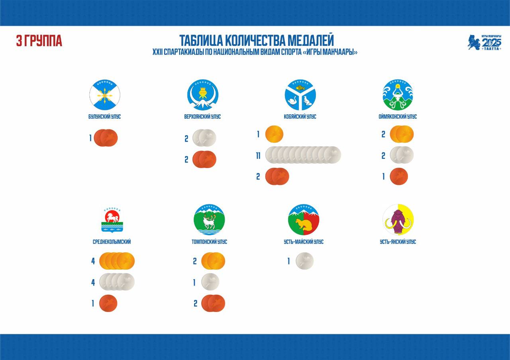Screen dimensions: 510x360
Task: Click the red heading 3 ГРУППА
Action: click(x=39, y=41)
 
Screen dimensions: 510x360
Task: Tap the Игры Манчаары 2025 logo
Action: click(x=484, y=42)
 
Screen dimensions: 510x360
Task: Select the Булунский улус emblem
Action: click(x=105, y=95)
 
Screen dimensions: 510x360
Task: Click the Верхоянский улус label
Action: click(x=202, y=117)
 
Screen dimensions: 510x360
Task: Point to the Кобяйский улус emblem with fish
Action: click(x=300, y=95)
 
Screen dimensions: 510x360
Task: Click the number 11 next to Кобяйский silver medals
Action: click(x=258, y=156)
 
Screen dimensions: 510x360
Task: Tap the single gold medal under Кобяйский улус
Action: click(x=275, y=134)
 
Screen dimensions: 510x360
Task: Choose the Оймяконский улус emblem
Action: click(x=398, y=95)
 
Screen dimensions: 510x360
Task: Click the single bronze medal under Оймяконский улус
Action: click(x=399, y=176)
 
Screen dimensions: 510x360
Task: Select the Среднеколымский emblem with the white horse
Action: click(x=112, y=220)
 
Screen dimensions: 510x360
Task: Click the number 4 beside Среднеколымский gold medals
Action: click(x=93, y=261)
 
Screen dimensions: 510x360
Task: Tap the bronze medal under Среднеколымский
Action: click(x=108, y=303)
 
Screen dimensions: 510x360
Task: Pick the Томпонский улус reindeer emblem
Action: click(x=209, y=219)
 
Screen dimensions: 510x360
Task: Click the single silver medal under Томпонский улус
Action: click(x=210, y=282)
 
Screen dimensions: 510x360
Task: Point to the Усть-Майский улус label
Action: click(x=304, y=242)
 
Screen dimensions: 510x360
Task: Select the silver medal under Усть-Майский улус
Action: click(x=305, y=261)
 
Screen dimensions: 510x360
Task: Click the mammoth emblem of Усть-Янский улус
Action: click(x=398, y=219)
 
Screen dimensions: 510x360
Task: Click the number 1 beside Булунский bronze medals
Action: click(x=90, y=138)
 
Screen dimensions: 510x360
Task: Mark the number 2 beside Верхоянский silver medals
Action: click(x=186, y=139)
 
